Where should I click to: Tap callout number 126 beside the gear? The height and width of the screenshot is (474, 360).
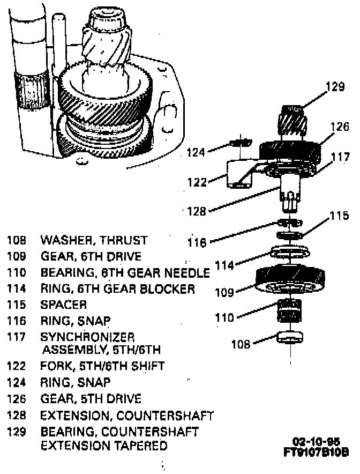(339, 128)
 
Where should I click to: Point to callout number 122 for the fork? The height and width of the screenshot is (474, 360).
(197, 182)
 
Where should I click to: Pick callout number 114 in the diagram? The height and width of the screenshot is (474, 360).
(224, 265)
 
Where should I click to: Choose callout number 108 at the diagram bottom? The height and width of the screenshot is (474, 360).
(241, 344)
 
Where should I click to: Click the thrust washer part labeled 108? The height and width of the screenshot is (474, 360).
(291, 338)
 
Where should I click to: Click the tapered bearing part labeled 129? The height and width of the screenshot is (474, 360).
(293, 121)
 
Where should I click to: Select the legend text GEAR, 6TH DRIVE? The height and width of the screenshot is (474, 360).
(91, 256)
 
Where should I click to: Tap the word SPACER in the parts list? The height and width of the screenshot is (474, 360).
(64, 305)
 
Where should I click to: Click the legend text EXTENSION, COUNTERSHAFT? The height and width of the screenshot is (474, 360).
(127, 416)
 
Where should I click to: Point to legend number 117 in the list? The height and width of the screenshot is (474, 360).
(16, 337)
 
